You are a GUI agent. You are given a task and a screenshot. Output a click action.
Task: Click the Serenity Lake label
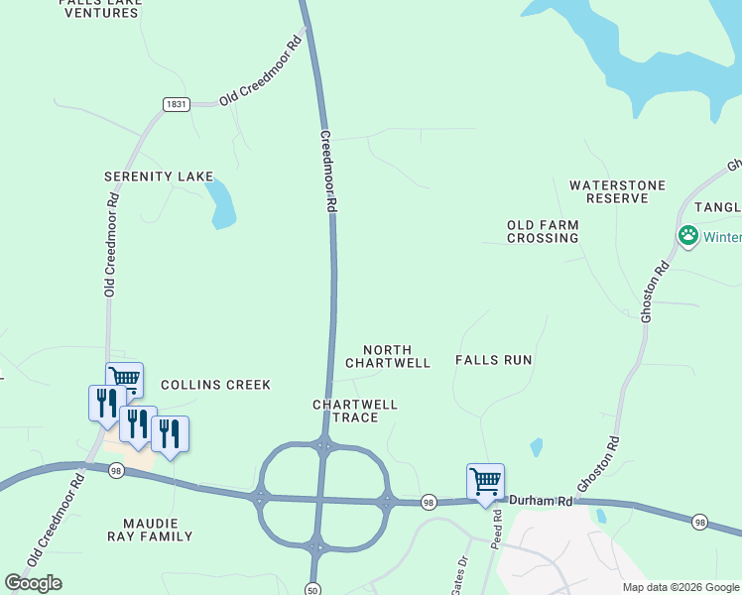159,177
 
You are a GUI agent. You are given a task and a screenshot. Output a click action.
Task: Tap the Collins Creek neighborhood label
215,385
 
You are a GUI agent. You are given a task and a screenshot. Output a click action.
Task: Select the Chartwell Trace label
355,411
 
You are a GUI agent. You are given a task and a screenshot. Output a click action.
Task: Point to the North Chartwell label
388,356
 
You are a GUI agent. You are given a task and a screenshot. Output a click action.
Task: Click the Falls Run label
494,360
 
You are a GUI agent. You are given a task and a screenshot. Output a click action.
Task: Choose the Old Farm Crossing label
543,231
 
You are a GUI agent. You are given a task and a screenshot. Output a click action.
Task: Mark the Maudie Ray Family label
157,530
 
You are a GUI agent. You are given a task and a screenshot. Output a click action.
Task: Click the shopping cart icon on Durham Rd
485,482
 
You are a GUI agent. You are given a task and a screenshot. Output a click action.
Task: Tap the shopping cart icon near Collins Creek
125,378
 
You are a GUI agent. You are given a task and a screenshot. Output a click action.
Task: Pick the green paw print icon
687,236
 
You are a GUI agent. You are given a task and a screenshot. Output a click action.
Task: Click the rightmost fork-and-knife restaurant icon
170,433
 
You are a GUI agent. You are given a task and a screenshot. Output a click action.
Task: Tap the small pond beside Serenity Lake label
221,203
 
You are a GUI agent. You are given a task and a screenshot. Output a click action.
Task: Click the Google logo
34,583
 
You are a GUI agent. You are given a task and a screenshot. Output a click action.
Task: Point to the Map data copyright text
680,587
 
